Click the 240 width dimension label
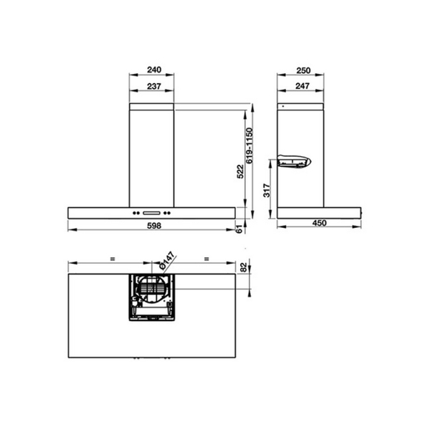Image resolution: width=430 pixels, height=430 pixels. (151, 70)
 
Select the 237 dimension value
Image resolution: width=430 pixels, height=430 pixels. (151, 86)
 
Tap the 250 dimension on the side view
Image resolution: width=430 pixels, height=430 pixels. (301, 70)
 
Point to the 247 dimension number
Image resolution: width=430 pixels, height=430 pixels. (301, 86)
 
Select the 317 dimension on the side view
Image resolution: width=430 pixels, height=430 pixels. (267, 191)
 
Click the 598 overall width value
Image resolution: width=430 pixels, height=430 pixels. (152, 225)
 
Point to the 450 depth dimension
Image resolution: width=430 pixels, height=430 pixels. (320, 224)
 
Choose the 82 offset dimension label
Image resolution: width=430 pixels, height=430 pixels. (244, 267)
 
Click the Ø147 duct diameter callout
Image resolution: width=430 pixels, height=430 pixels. (167, 260)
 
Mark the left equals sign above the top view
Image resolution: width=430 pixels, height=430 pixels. (113, 258)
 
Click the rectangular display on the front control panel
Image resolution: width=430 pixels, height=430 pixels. (152, 213)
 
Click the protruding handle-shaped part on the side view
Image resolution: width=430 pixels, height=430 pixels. (294, 163)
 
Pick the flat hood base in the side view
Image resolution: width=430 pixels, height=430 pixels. (319, 213)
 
